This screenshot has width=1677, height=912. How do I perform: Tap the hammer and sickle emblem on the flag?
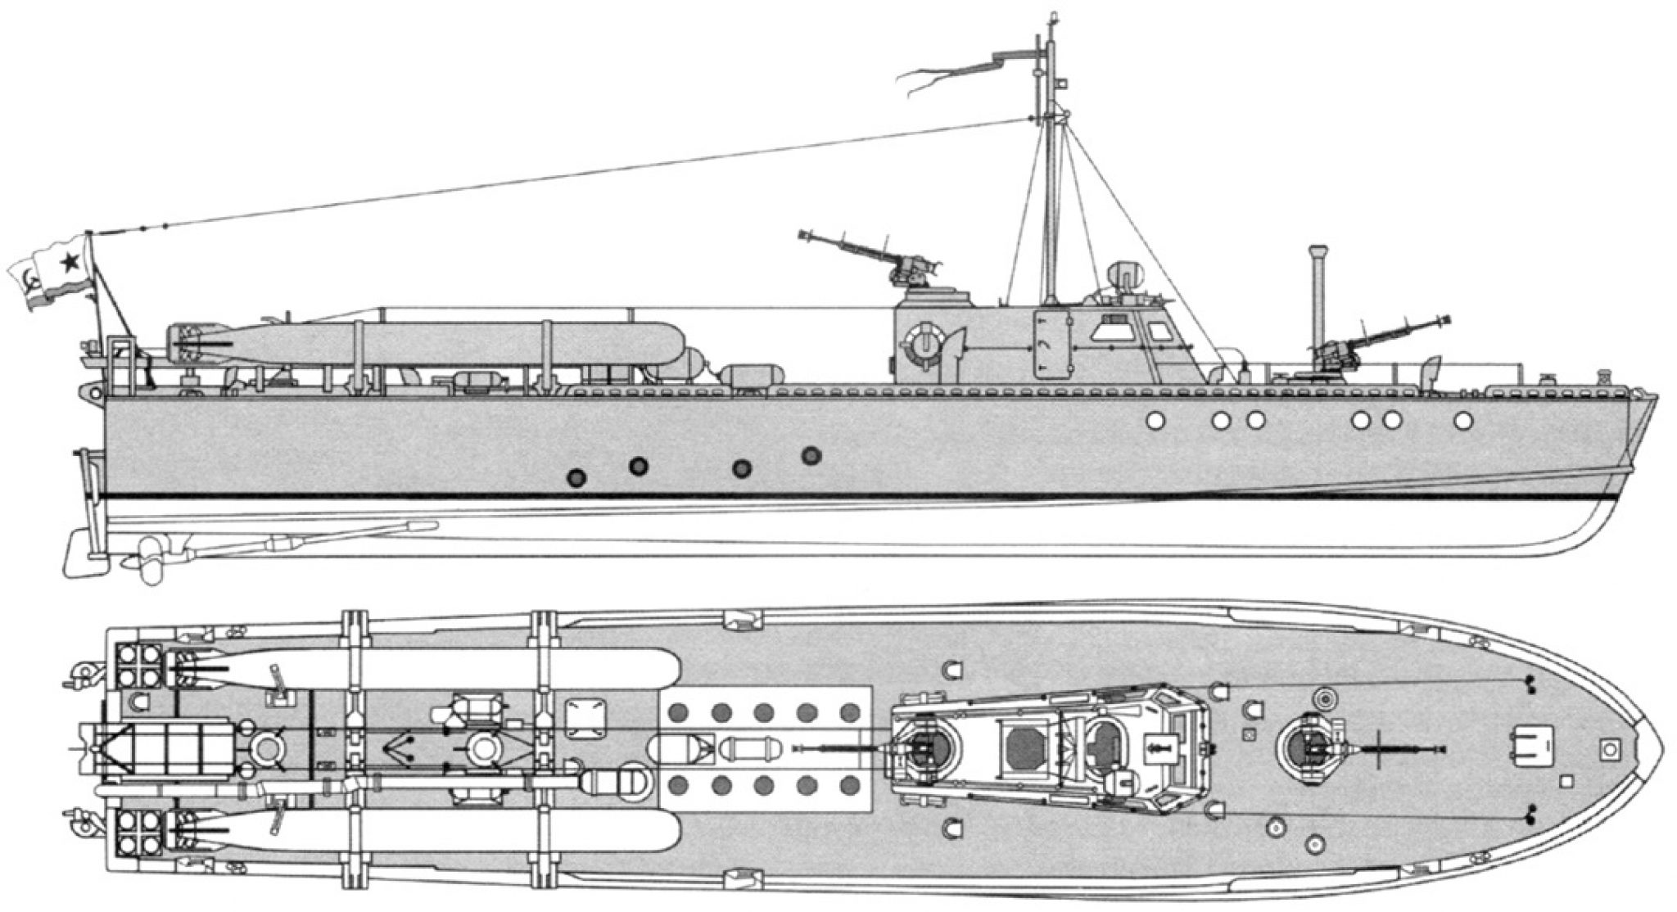[x=31, y=283]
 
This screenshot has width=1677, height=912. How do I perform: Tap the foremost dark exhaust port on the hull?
[x=811, y=455]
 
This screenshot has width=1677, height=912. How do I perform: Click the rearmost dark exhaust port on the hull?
[x=578, y=477]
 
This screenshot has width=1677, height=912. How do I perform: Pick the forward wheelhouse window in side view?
[x=1159, y=331]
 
